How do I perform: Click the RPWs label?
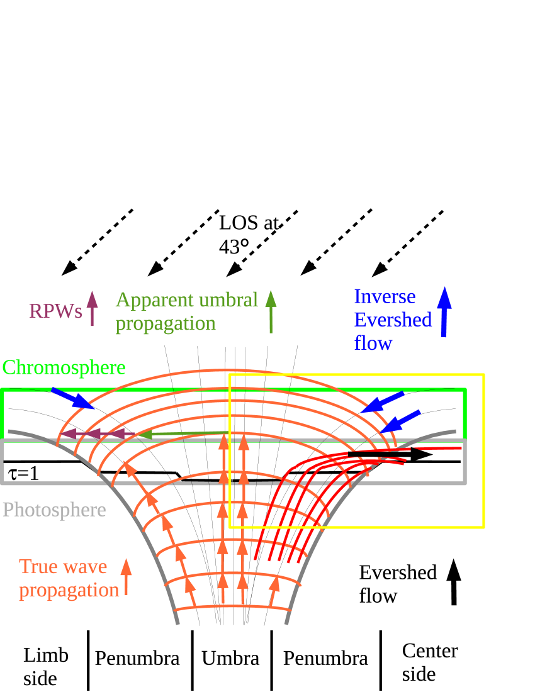[x=55, y=311]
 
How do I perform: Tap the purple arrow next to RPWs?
[x=93, y=308]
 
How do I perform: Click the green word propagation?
[x=166, y=324]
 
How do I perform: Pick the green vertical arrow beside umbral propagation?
[x=271, y=311]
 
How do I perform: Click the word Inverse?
[x=385, y=296]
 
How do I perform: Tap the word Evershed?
[x=393, y=320]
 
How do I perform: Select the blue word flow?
[x=373, y=343]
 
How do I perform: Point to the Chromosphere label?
[x=64, y=367]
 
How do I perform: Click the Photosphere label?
[x=54, y=510]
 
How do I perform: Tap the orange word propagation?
[x=69, y=591]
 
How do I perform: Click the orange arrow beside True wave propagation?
[x=126, y=576]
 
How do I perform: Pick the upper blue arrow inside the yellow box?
[x=383, y=401]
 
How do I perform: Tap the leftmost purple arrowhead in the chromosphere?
[x=67, y=433]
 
